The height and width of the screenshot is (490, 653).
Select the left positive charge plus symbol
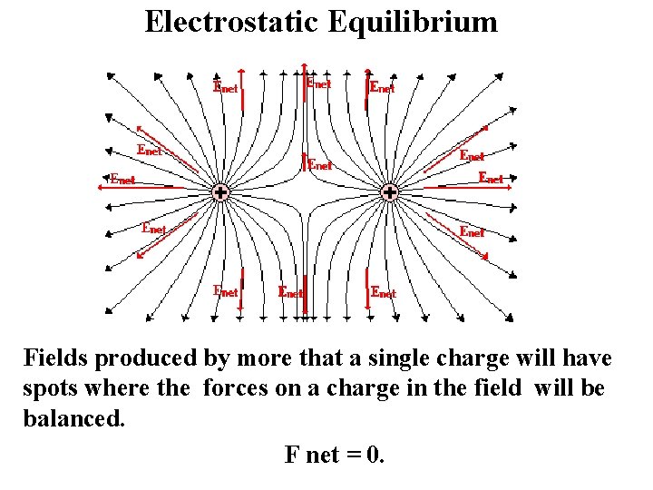pos(219,192)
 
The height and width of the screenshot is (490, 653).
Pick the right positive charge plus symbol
pos(389,192)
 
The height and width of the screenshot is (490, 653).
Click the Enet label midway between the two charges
pos(319,165)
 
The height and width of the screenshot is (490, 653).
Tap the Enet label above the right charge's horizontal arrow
pos(491,178)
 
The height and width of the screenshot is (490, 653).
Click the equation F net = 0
pos(335,455)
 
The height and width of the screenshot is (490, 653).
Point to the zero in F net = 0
pos(376,455)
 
